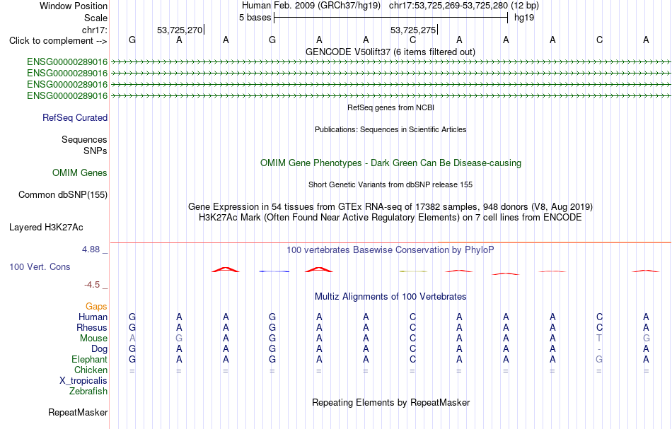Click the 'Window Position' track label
[74, 6]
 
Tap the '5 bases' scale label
[255, 18]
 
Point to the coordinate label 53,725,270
[180, 30]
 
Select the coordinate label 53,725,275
[412, 30]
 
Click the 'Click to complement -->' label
[58, 41]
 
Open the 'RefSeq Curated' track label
[75, 118]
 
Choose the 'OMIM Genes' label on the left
[80, 172]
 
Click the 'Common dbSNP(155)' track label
[63, 195]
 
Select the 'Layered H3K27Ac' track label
[46, 228]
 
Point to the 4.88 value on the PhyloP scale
[91, 249]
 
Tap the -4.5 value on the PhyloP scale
[92, 285]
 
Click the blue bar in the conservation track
[274, 271]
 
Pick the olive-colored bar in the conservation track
[413, 271]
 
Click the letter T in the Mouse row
[599, 339]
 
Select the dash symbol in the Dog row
[599, 349]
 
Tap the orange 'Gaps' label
[96, 306]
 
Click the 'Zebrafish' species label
[88, 391]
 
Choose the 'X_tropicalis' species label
[83, 381]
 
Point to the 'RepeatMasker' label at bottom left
[78, 412]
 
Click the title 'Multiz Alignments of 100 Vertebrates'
[390, 296]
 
